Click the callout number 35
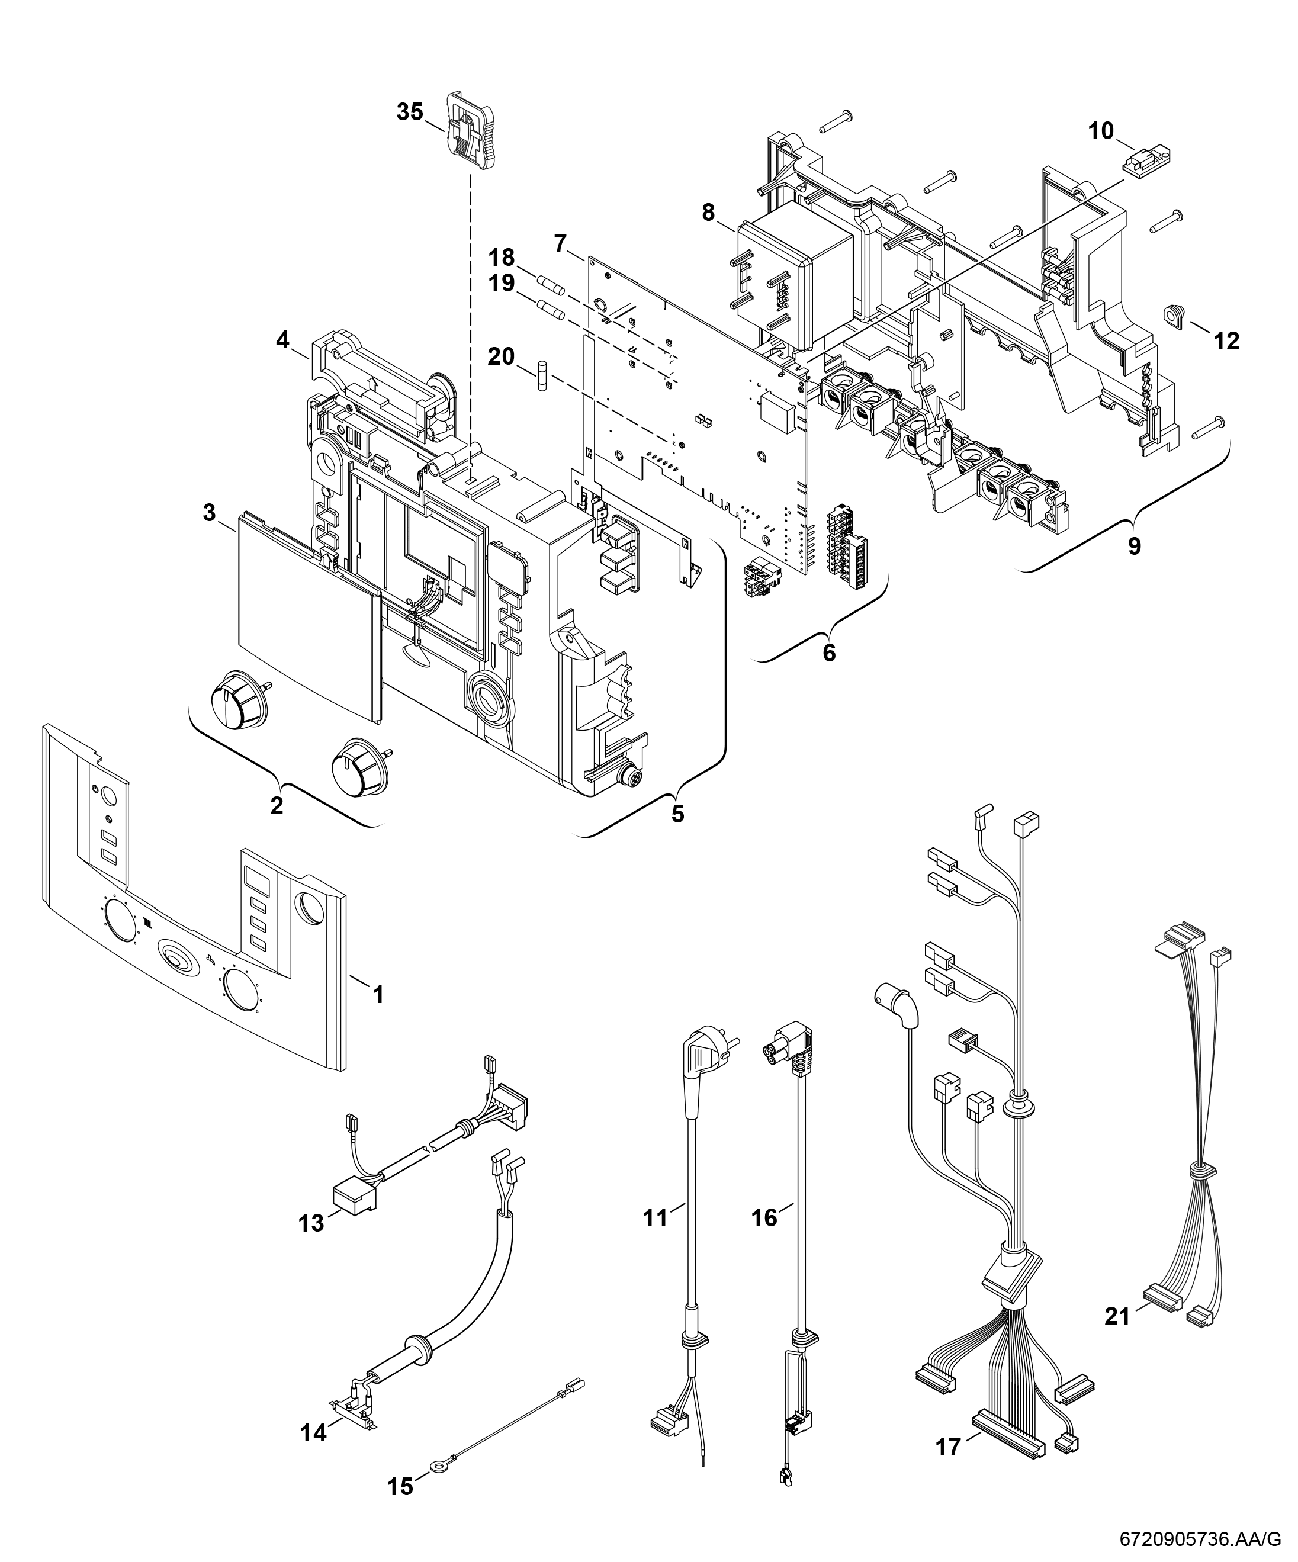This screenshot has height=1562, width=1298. click(410, 113)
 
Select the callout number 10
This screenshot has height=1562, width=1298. click(1101, 131)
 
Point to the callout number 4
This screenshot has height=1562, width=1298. click(282, 340)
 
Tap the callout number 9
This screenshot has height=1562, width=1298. click(1133, 545)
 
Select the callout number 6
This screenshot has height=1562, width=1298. click(828, 653)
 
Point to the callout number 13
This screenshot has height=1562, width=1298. click(311, 1223)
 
